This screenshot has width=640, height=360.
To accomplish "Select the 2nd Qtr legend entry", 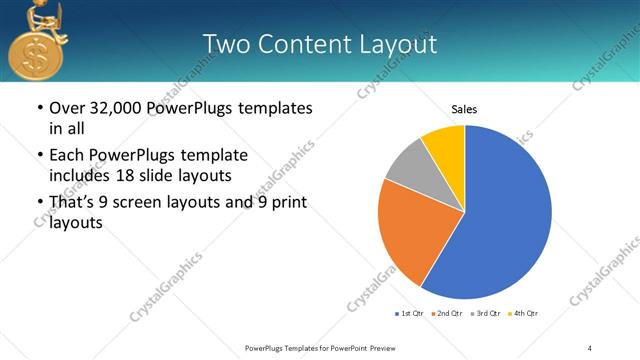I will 445,314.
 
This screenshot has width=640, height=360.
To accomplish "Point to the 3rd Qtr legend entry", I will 485,314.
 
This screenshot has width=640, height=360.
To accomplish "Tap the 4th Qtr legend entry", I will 523,314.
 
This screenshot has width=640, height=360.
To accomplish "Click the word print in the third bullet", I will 287,203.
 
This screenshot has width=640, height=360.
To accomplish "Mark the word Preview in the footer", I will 381,347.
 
